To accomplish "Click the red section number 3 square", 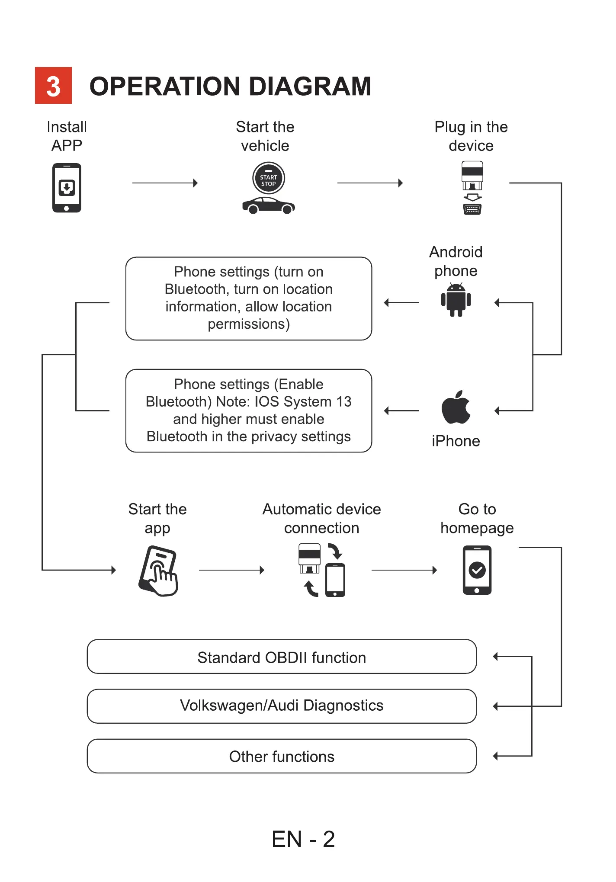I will [53, 86].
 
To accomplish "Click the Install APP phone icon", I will [67, 188].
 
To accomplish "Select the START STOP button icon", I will [268, 178].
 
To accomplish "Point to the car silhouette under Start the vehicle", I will [268, 205].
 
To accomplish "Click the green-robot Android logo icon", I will [456, 300].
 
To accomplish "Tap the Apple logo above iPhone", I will [456, 407].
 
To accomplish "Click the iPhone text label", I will [456, 441].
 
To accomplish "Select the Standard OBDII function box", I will [282, 657].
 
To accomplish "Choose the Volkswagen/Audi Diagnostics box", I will [282, 706].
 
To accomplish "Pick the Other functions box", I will [282, 756].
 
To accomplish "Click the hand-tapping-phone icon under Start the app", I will [158, 571].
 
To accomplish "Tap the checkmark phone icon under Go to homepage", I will [477, 570].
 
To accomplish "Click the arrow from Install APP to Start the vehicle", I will [165, 183].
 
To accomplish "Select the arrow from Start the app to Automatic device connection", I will [231, 570].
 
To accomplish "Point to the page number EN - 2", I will [303, 839].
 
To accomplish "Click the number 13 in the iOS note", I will [343, 402].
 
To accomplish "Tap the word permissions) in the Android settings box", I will [249, 324].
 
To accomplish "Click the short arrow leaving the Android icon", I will [401, 303].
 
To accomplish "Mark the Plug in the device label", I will [471, 136].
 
